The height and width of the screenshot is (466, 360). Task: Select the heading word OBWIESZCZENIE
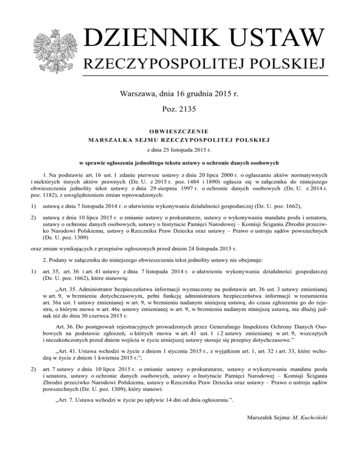180,131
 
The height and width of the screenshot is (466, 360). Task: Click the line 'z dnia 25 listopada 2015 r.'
180,149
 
